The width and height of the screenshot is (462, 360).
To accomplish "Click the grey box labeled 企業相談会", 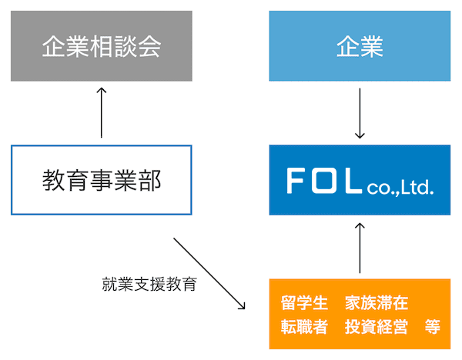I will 101,46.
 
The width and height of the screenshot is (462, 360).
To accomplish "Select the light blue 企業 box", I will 360,46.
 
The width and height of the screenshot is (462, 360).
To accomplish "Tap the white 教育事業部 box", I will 101,180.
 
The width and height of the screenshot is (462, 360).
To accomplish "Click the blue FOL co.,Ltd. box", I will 360,180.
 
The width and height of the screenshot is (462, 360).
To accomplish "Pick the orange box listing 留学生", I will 360,314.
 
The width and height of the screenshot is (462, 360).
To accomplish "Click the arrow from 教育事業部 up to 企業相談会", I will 101,112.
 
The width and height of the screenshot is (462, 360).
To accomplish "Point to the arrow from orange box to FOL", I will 360,248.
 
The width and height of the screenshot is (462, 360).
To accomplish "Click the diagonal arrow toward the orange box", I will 209,274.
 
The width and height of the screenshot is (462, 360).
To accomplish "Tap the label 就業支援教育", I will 149,285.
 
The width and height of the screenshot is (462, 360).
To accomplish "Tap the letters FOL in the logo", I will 324,181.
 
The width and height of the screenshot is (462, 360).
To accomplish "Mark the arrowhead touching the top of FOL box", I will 360,135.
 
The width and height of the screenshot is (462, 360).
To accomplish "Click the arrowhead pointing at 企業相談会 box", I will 101,89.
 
